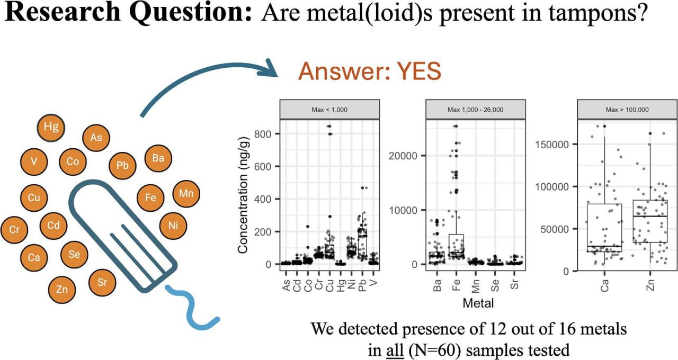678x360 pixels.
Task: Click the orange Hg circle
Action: point(51,127)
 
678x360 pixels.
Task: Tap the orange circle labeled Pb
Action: point(123,166)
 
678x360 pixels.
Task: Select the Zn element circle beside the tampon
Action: point(61,289)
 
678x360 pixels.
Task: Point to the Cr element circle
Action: point(14,230)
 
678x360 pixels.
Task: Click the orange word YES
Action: point(414,73)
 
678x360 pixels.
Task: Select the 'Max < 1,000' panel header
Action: point(329,110)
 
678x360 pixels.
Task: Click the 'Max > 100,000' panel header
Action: point(627,110)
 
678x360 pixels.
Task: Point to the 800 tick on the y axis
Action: point(266,134)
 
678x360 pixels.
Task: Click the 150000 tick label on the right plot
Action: point(554,145)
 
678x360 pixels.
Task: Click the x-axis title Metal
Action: point(479,303)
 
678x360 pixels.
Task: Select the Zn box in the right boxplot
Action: point(650,221)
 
